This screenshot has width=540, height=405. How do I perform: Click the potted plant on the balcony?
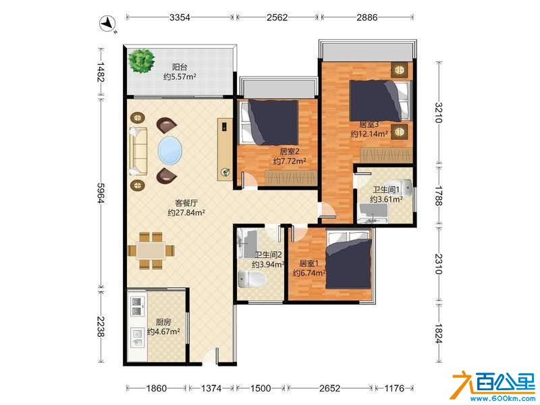pyautogui.click(x=141, y=61)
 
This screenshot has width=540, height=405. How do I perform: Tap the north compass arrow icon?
pyautogui.click(x=108, y=24)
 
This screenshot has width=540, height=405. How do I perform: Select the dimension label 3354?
pyautogui.click(x=180, y=18)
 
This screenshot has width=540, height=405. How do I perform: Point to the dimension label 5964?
pyautogui.click(x=100, y=193)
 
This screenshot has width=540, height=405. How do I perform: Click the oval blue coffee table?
pyautogui.click(x=170, y=151)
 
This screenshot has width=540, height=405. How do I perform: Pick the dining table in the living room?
pyautogui.click(x=151, y=250)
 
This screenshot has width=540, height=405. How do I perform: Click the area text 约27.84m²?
pyautogui.click(x=186, y=213)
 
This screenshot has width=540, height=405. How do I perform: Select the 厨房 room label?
pyautogui.click(x=163, y=323)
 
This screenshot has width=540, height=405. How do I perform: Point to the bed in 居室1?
pyautogui.click(x=349, y=260)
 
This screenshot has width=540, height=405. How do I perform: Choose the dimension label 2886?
pyautogui.click(x=367, y=18)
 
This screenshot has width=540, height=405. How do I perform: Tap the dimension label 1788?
pyautogui.click(x=437, y=196)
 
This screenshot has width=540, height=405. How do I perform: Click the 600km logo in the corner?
pyautogui.click(x=495, y=386)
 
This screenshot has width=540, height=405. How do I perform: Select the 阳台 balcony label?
pyautogui.click(x=180, y=67)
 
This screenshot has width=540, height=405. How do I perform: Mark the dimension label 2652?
pyautogui.click(x=329, y=389)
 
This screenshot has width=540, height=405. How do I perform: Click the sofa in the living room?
pyautogui.click(x=138, y=151)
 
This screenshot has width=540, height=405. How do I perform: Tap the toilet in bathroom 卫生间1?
pyautogui.click(x=400, y=187)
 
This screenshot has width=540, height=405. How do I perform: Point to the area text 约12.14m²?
pyautogui.click(x=369, y=134)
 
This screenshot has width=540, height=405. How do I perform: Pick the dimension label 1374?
pyautogui.click(x=211, y=389)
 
